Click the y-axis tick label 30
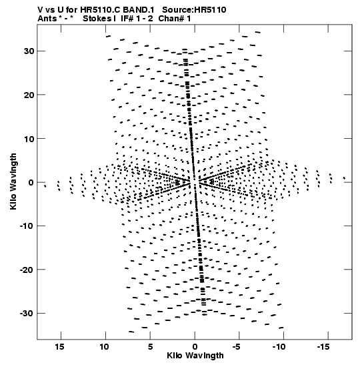pyautogui.click(x=29, y=51)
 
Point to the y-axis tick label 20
pyautogui.click(x=29, y=95)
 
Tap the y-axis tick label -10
pyautogui.click(x=27, y=226)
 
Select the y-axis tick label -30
pyautogui.click(x=27, y=314)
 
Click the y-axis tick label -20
pyautogui.click(x=27, y=270)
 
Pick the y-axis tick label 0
pyautogui.click(x=31, y=183)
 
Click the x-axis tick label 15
pyautogui.click(x=59, y=347)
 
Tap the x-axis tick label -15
pyautogui.click(x=323, y=347)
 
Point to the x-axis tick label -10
pyautogui.click(x=279, y=347)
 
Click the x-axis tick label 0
pyautogui.click(x=195, y=347)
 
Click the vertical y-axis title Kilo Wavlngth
pyautogui.click(x=13, y=181)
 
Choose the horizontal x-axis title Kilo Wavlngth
pyautogui.click(x=195, y=356)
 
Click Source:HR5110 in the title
pyautogui.click(x=194, y=10)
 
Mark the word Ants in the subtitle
pyautogui.click(x=47, y=19)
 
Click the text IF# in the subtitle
pyautogui.click(x=127, y=19)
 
